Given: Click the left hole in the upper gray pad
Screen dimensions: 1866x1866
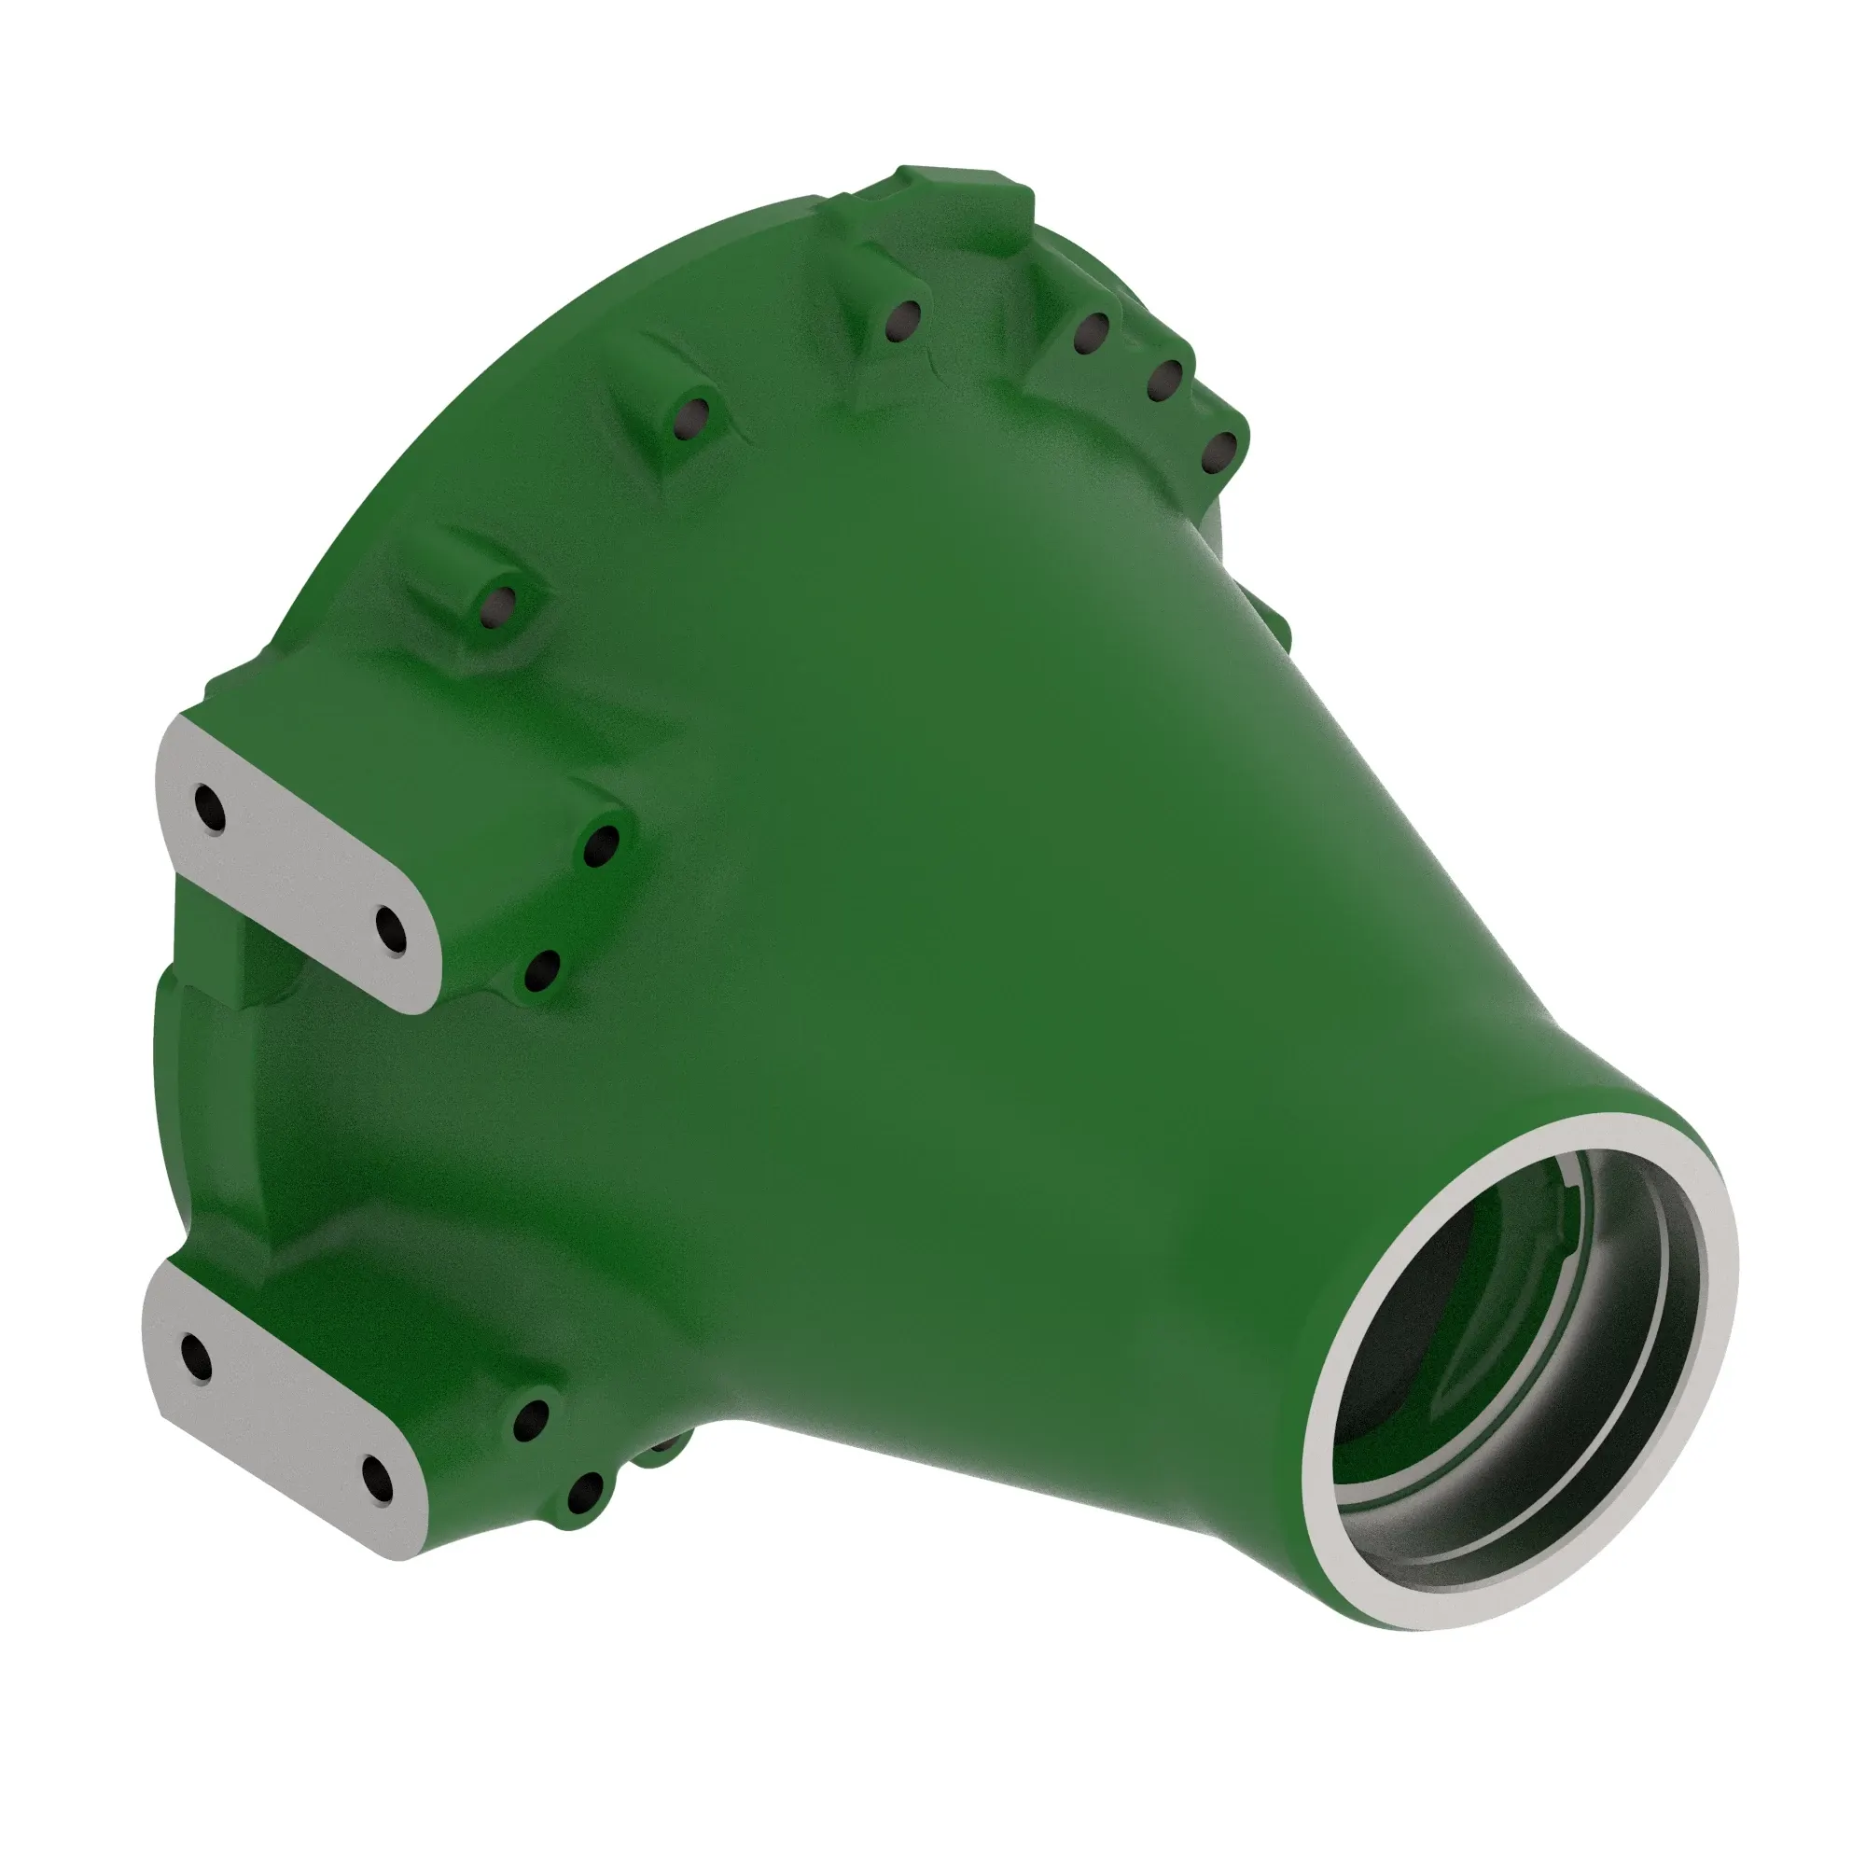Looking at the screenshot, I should (x=210, y=808).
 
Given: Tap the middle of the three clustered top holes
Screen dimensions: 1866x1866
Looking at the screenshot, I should (x=1164, y=381).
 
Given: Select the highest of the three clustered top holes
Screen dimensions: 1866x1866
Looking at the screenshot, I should (x=1093, y=333).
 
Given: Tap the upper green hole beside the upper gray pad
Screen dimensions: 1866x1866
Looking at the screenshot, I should (x=602, y=846).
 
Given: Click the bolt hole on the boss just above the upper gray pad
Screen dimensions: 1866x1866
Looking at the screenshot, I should (x=499, y=606).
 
